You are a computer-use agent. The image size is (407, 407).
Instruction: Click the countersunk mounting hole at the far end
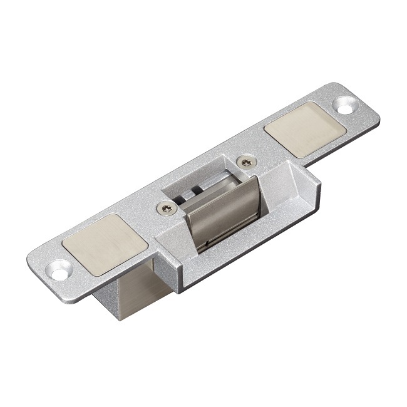click(x=344, y=105)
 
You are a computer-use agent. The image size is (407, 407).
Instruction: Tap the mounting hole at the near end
click(x=59, y=270)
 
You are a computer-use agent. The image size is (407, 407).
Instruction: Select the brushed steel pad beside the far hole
click(x=305, y=129)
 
